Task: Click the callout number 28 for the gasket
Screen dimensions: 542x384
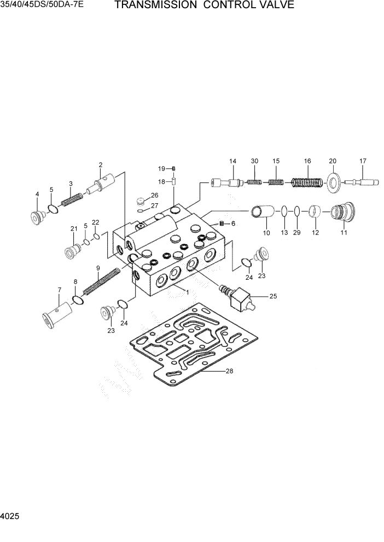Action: [230, 372]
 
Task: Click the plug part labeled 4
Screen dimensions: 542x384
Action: [38, 217]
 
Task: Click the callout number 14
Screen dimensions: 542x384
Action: [232, 161]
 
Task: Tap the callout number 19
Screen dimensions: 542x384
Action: [162, 168]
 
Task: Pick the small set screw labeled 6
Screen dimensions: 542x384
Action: [222, 223]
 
